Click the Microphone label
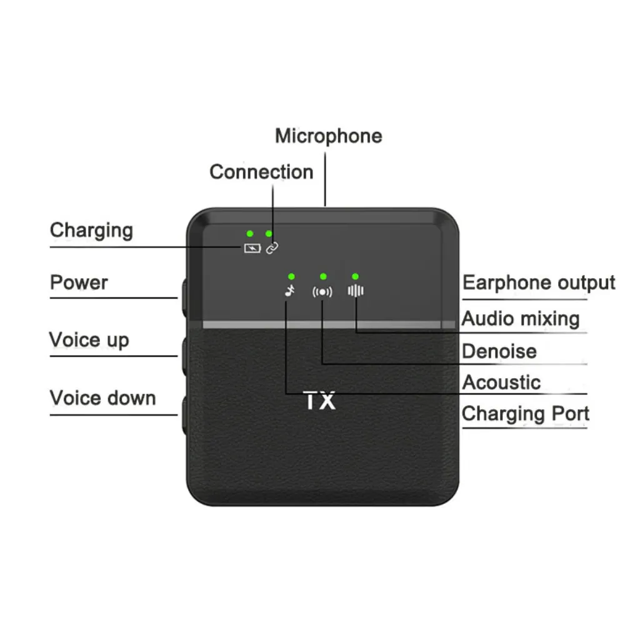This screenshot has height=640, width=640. [x=328, y=136]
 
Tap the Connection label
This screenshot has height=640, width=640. [x=261, y=172]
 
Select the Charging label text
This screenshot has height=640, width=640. [x=91, y=230]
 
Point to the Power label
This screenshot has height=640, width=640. [x=79, y=282]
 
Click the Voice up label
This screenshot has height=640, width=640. [x=89, y=341]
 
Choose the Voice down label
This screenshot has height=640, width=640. [x=102, y=398]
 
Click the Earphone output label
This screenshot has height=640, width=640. [x=539, y=282]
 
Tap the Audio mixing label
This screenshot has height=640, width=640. [x=521, y=319]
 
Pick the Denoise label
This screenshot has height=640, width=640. [x=499, y=351]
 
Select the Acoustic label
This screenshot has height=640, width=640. [x=501, y=382]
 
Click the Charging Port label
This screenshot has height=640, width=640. [x=525, y=414]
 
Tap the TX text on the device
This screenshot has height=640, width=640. [x=320, y=401]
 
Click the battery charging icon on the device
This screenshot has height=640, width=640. [x=252, y=248]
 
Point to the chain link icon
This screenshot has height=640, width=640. [x=272, y=248]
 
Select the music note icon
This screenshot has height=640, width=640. [x=289, y=290]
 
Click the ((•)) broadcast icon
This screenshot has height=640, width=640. [x=322, y=291]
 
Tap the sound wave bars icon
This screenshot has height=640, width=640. [x=356, y=291]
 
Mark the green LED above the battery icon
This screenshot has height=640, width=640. [x=249, y=233]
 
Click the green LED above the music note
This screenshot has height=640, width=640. [x=291, y=276]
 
